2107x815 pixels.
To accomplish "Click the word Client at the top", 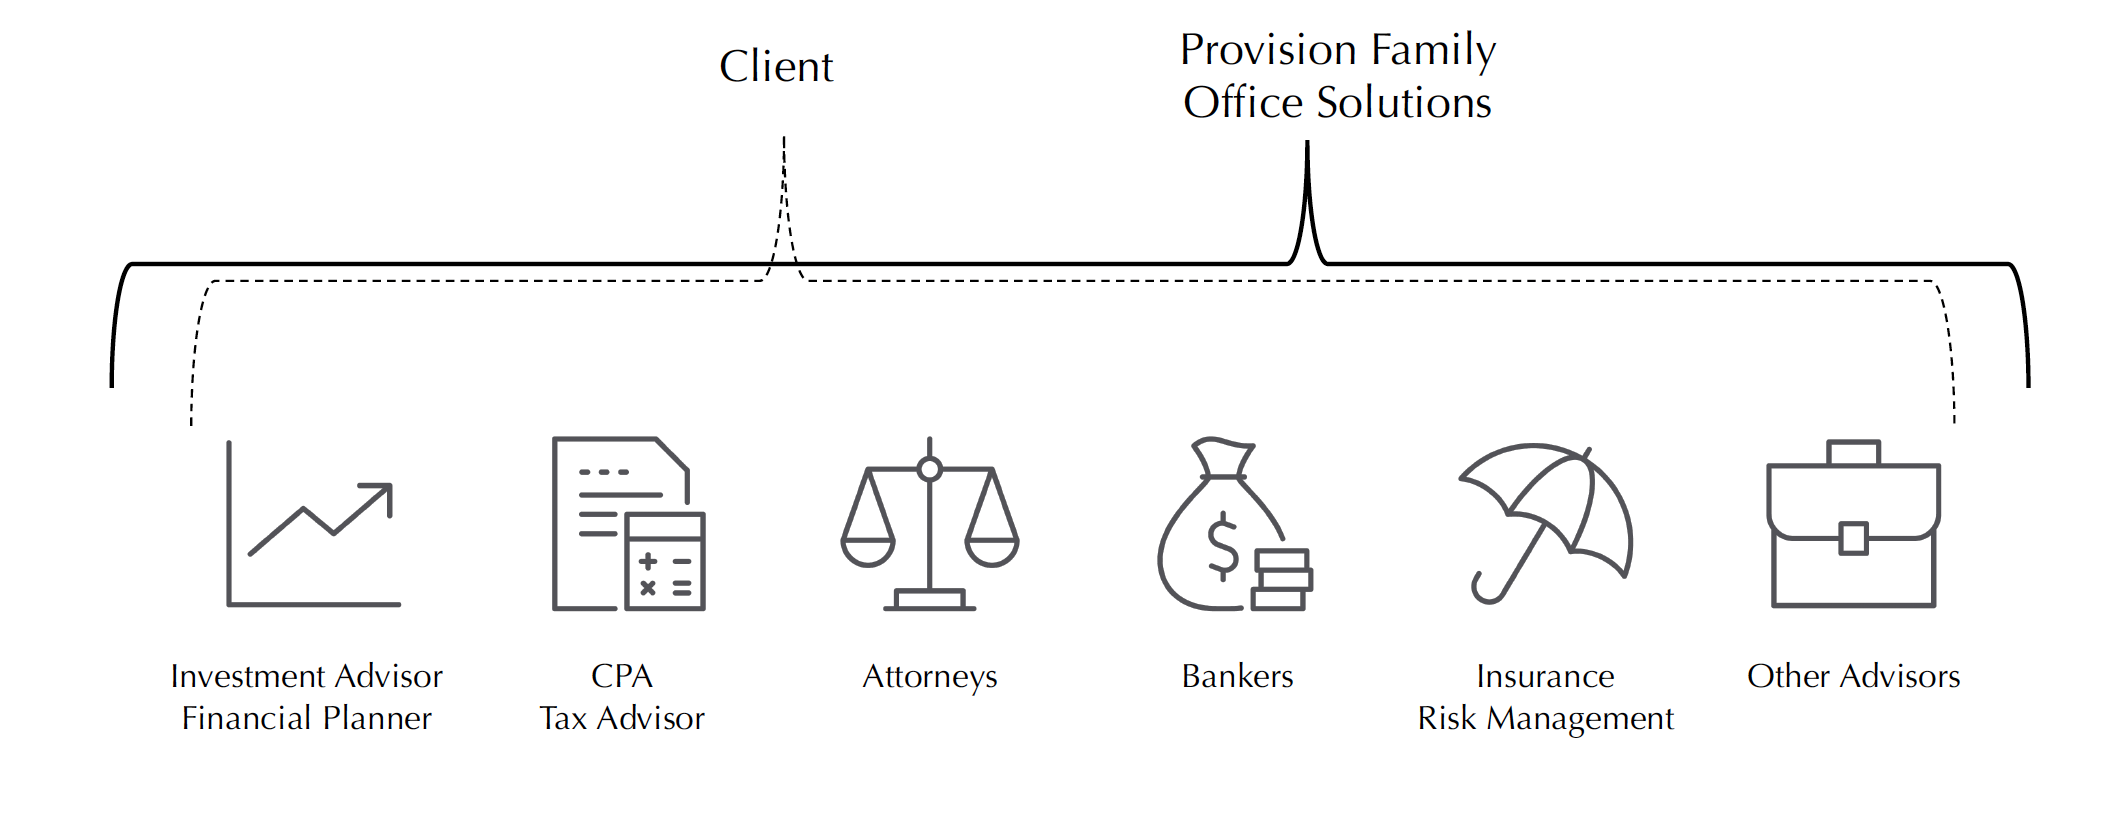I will pyautogui.click(x=776, y=67).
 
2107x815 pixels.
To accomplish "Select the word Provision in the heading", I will pyautogui.click(x=1268, y=50).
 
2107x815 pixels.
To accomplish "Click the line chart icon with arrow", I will pyautogui.click(x=313, y=524).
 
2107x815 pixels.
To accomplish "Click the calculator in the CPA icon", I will pyautogui.click(x=665, y=562).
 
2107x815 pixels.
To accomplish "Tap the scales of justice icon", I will pyautogui.click(x=930, y=524).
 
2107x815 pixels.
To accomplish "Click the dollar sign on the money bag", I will pyautogui.click(x=1223, y=545).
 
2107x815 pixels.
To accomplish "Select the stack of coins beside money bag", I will pyautogui.click(x=1281, y=579).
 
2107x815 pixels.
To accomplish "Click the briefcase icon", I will pyautogui.click(x=1853, y=524).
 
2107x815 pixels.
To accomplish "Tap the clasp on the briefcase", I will pyautogui.click(x=1853, y=538).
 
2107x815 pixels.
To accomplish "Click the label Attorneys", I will pyautogui.click(x=930, y=677).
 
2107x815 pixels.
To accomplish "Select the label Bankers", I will pyautogui.click(x=1237, y=677).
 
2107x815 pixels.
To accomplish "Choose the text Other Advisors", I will pyautogui.click(x=1853, y=677).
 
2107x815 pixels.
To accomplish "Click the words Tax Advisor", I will pyautogui.click(x=622, y=719).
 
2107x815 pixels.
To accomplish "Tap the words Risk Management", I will pyautogui.click(x=1545, y=719).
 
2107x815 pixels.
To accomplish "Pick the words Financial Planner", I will pyautogui.click(x=306, y=719).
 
